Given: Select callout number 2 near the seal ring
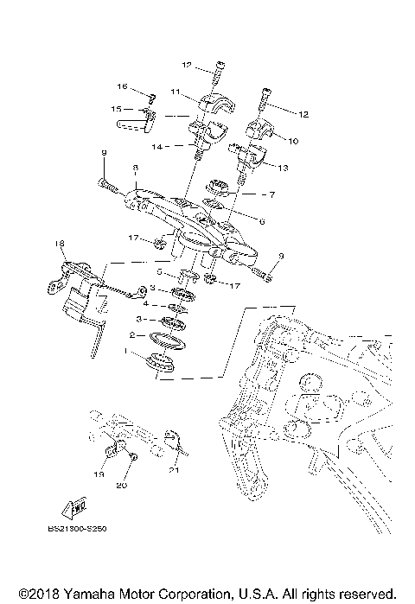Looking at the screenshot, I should coord(131,334).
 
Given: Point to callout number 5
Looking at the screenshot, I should coord(159,272).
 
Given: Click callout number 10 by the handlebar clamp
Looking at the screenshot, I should coord(292,140).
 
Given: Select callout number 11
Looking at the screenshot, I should coord(175,92).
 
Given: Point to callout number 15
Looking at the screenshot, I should coord(114,110).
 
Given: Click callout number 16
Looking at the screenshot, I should coord(123,86).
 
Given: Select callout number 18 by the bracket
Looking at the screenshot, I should coord(61,244).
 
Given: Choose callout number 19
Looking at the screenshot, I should coord(99,475).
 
